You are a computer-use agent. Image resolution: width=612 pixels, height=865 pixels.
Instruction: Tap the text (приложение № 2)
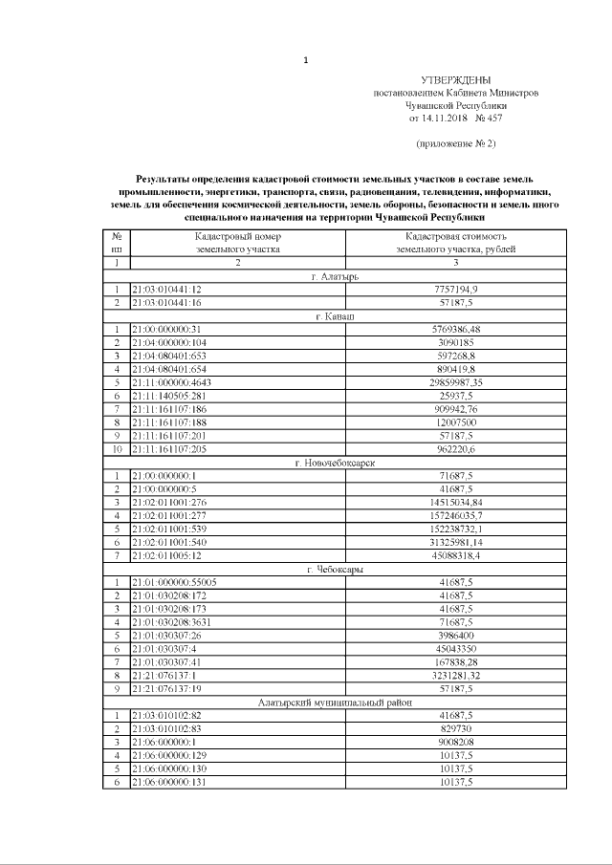pos(455,143)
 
